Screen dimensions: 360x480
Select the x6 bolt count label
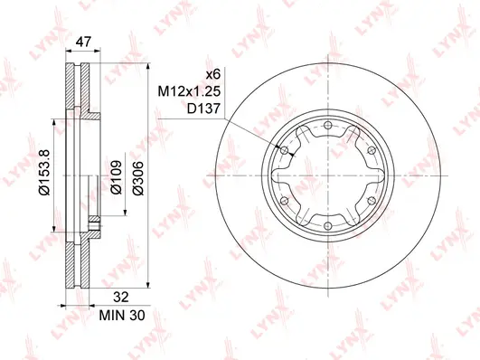click(213, 73)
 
